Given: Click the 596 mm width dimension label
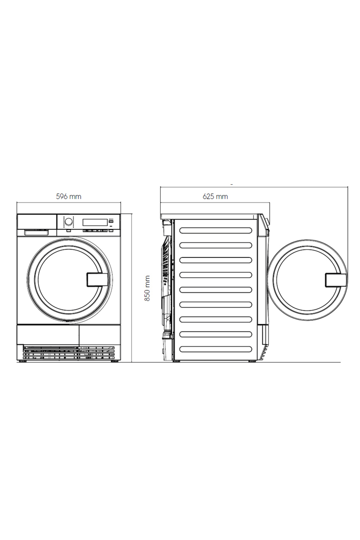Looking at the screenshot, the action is tap(69, 196).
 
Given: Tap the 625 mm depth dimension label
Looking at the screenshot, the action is tap(215, 196).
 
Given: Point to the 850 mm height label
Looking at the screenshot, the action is tap(147, 289).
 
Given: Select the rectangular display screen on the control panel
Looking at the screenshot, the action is tap(95, 222).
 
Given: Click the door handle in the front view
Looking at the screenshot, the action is tap(97, 280).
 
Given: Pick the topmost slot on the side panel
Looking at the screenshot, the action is tap(216, 230).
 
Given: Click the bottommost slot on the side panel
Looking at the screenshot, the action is tap(216, 349).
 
